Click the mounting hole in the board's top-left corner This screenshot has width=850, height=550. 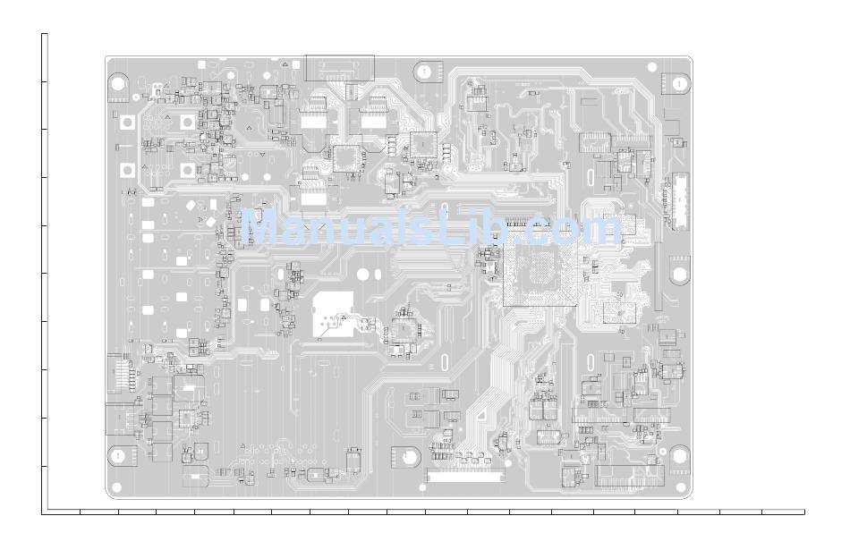pos(118,83)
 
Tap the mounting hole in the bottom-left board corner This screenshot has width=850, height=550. pos(117,455)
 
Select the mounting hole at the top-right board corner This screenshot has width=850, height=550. pos(679,83)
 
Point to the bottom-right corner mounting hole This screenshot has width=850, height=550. pos(679,455)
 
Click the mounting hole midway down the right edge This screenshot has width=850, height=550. pos(679,271)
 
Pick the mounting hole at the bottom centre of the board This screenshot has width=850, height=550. pos(410,455)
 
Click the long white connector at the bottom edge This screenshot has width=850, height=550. pos(465,477)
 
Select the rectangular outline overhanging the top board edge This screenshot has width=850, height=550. pos(339,67)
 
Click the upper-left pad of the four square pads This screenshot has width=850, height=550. pos(128,123)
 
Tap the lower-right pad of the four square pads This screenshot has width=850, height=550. pos(187,169)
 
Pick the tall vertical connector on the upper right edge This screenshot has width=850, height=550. pos(681,200)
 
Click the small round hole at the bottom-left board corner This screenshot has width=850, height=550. pos(114,489)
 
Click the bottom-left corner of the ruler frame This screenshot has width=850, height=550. pos(42,512)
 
